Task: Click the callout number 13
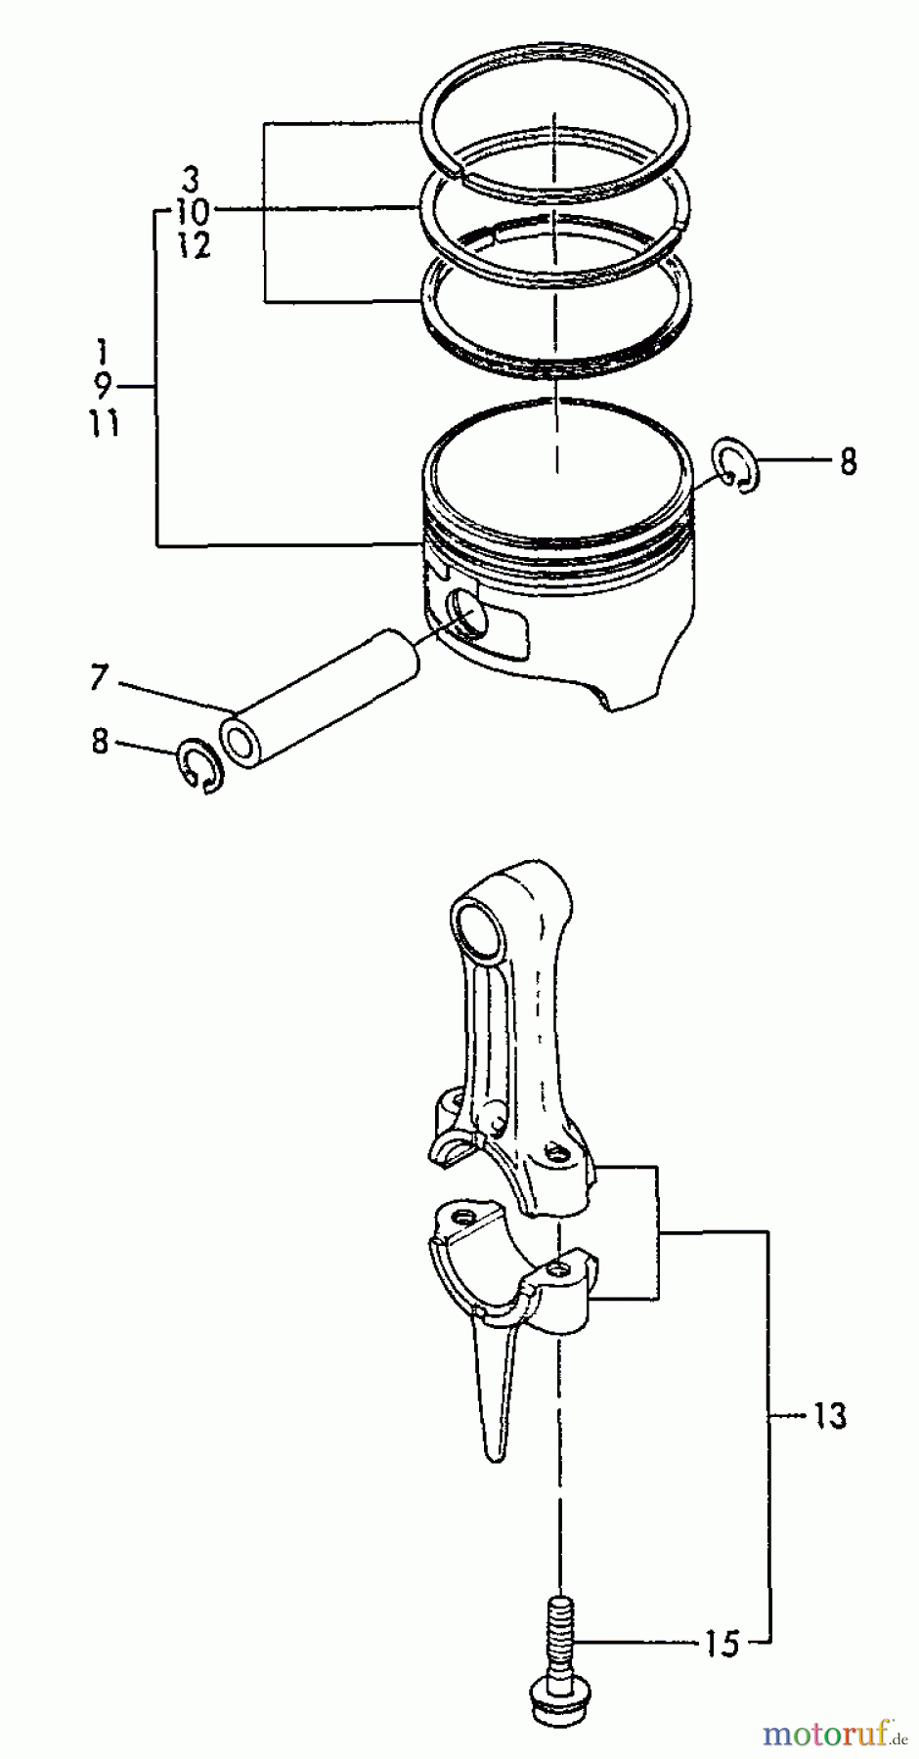click(x=829, y=1416)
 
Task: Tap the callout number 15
click(x=722, y=1644)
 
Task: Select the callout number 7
click(x=99, y=677)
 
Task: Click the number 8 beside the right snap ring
click(x=848, y=461)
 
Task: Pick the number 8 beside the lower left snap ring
click(x=100, y=742)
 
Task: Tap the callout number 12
click(x=195, y=246)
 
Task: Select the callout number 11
click(x=103, y=425)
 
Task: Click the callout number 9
click(x=105, y=386)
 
